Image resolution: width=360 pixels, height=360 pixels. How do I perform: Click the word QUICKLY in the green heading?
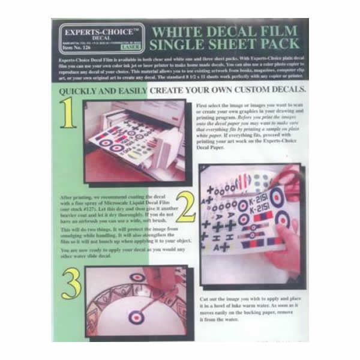point(86,92)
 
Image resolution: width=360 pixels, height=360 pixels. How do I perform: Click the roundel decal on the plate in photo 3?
point(136,315)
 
